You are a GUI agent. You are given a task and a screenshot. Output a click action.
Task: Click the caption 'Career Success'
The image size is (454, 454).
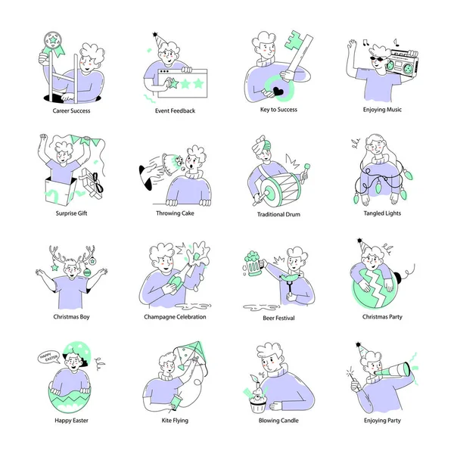[x=72, y=110]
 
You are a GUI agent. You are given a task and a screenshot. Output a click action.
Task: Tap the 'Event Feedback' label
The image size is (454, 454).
[x=175, y=110]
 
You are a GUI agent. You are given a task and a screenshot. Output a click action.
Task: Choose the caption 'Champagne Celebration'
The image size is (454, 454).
[x=175, y=317]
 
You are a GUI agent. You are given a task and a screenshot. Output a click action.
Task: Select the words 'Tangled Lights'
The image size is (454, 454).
[x=382, y=213]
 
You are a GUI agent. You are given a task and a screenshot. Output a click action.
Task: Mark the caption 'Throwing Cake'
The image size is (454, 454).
[x=175, y=213]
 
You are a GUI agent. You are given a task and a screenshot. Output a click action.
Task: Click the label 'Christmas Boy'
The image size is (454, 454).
[x=72, y=317]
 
